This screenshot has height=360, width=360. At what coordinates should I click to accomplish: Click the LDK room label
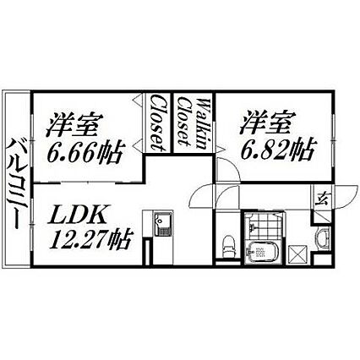(77, 215)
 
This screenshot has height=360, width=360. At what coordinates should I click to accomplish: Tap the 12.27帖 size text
(90, 239)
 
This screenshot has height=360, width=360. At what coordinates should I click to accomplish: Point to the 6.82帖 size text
(277, 149)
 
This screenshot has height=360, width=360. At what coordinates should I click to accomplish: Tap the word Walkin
(204, 123)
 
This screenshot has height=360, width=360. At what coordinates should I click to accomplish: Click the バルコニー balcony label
(15, 184)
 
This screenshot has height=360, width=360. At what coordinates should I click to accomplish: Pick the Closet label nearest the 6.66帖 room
(157, 123)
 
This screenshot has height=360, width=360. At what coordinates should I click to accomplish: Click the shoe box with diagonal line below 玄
(322, 216)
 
